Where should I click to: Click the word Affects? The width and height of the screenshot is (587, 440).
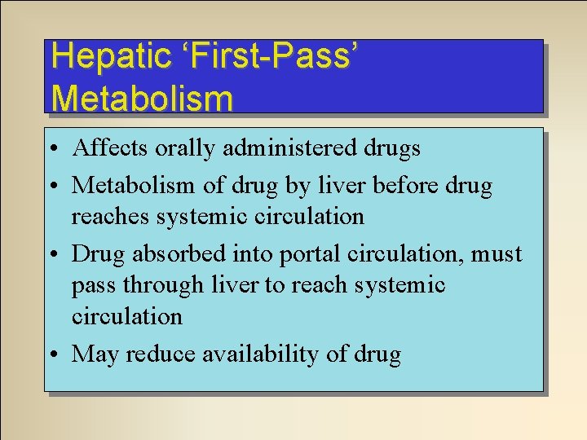pyautogui.click(x=108, y=148)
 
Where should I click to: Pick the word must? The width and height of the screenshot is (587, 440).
pyautogui.click(x=497, y=253)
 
